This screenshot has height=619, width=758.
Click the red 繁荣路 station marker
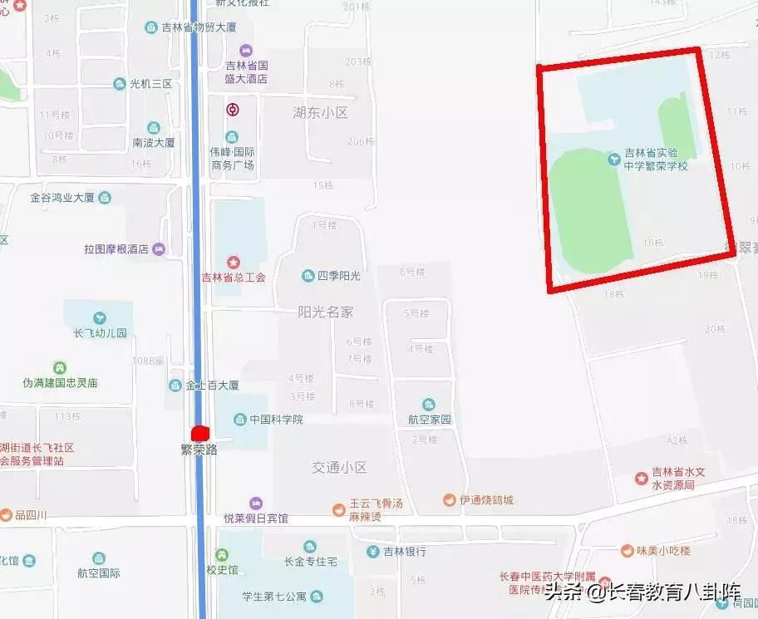199,433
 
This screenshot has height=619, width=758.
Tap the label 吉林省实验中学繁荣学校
662,159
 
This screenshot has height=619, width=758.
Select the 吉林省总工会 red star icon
234,263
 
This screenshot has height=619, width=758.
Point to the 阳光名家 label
326,312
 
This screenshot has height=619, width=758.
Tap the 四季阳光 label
338,276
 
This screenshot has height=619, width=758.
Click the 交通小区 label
339,467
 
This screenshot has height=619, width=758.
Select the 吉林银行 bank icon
374,551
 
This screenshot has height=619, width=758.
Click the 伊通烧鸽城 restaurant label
487,500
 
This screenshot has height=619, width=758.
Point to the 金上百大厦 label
212,386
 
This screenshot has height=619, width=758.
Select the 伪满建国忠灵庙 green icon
60,368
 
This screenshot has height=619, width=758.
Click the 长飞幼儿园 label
100,333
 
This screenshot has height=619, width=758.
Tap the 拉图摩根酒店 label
116,249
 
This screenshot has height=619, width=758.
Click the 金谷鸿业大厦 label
62,198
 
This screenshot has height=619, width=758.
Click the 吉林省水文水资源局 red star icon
641,478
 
